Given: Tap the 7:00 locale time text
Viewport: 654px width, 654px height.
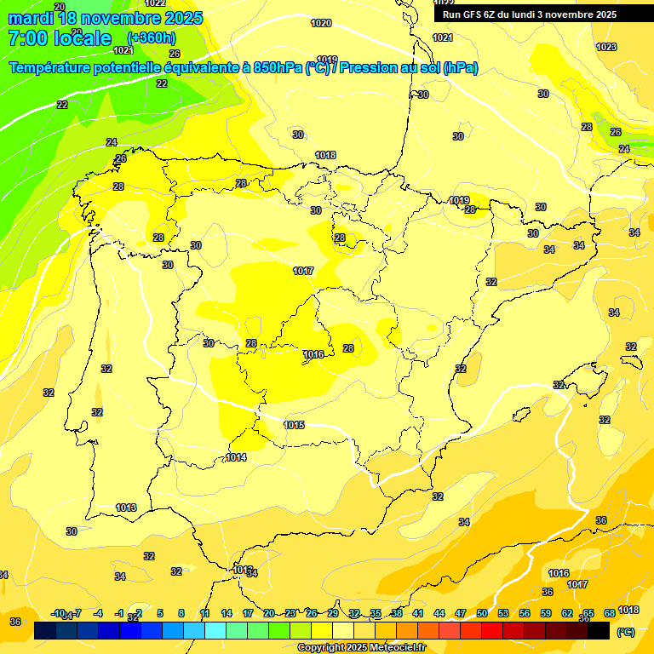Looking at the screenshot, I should [x=60, y=37].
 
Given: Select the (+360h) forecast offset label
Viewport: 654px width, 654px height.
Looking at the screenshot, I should [x=151, y=37].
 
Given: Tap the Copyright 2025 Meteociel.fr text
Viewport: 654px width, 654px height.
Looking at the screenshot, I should [x=361, y=648].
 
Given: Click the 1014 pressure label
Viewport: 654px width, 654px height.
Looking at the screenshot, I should [x=236, y=457].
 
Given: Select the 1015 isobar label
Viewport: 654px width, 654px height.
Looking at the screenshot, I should [x=294, y=425].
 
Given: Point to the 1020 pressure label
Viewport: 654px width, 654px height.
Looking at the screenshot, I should [x=321, y=23].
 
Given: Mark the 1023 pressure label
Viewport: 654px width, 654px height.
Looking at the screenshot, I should [x=605, y=47].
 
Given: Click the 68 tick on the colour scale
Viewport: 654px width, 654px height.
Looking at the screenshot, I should [x=610, y=613].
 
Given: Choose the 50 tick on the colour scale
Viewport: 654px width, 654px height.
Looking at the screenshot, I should [x=482, y=613].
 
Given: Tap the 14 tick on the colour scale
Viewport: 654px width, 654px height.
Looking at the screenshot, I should [x=227, y=613].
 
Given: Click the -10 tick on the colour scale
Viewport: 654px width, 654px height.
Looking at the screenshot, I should [x=58, y=613].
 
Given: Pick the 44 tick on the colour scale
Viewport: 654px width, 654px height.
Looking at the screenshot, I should [x=439, y=613].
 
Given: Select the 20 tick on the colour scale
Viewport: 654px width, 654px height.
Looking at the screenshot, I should [x=269, y=613].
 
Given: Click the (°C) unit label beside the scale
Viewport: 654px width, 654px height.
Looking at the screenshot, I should [x=625, y=632].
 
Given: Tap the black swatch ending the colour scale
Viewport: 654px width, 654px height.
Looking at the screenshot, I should [x=599, y=631].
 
